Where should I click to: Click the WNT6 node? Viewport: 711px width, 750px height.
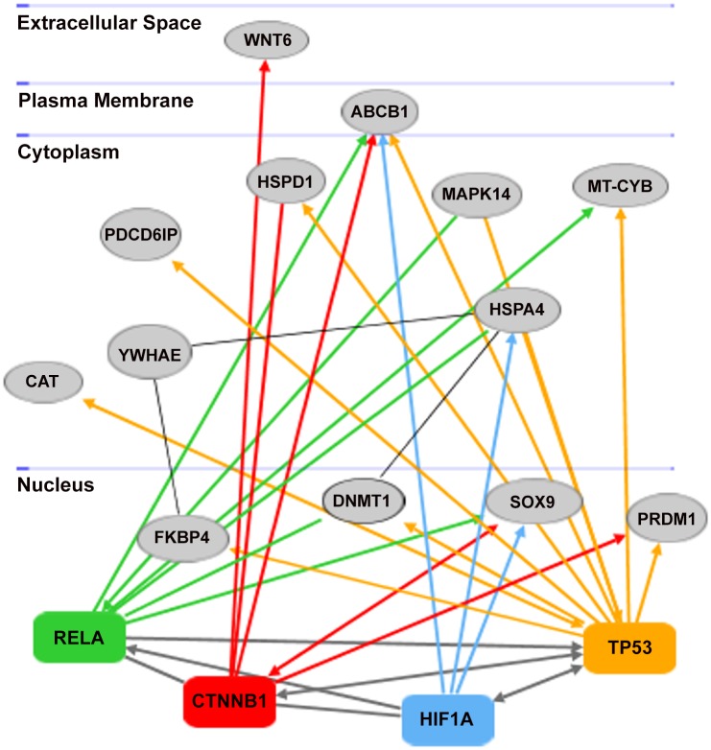point(267,39)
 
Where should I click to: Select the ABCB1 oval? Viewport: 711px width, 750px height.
point(380,112)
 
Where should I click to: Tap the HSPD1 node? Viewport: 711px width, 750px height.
point(286,181)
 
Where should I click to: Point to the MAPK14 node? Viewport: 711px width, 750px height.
point(477,194)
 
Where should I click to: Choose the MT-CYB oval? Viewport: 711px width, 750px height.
point(620,186)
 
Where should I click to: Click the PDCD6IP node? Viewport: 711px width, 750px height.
point(141,234)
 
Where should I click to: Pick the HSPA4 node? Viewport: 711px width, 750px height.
point(517,310)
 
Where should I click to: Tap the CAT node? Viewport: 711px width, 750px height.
point(43,382)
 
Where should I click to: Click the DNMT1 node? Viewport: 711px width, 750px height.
point(363,501)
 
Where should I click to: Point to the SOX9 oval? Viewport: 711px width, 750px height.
point(533,502)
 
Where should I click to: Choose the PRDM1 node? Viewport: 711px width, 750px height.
point(666,518)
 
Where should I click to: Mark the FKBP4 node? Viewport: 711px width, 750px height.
point(182,538)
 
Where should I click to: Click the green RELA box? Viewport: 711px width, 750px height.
point(80,637)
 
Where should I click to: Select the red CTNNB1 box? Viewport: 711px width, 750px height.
point(229,701)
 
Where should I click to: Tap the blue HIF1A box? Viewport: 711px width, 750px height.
point(447,719)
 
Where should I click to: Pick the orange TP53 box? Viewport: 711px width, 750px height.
point(629,647)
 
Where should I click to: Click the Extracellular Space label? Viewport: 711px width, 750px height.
point(109,23)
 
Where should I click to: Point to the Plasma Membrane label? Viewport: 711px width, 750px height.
point(106,101)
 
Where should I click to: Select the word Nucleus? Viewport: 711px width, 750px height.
point(56,484)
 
